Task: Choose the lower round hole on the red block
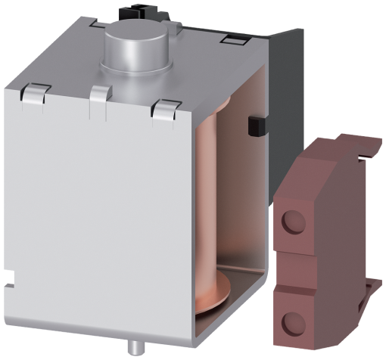click(291, 321)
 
